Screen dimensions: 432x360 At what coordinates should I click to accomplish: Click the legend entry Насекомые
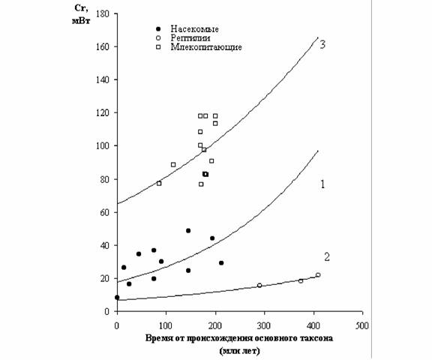pyautogui.click(x=194, y=29)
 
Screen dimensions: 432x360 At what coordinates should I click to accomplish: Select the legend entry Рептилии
pyautogui.click(x=190, y=37)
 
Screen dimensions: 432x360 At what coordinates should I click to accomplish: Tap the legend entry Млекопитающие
pyautogui.click(x=206, y=46)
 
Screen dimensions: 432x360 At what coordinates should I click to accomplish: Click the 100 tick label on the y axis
pyautogui.click(x=103, y=145)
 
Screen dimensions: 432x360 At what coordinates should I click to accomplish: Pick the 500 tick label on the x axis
pyautogui.click(x=361, y=325)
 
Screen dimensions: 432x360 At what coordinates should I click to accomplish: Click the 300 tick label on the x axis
pyautogui.click(x=264, y=325)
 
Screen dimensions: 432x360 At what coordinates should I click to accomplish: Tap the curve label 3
pyautogui.click(x=322, y=44)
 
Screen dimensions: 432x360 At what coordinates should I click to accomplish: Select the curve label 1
pyautogui.click(x=322, y=184)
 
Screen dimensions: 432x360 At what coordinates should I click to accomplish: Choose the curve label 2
pyautogui.click(x=327, y=257)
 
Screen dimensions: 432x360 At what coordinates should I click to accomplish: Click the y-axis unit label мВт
pyautogui.click(x=81, y=21)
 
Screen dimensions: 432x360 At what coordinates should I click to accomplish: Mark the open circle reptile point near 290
pyautogui.click(x=259, y=285)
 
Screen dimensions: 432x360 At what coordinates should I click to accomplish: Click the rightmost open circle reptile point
pyautogui.click(x=318, y=275)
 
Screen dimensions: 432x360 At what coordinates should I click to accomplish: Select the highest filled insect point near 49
pyautogui.click(x=188, y=230)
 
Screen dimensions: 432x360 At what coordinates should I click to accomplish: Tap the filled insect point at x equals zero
pyautogui.click(x=117, y=297)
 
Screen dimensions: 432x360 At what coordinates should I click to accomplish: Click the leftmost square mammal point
pyautogui.click(x=159, y=184)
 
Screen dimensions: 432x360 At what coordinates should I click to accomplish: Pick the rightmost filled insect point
pyautogui.click(x=221, y=262)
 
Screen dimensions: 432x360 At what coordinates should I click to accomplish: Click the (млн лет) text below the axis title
pyautogui.click(x=239, y=351)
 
